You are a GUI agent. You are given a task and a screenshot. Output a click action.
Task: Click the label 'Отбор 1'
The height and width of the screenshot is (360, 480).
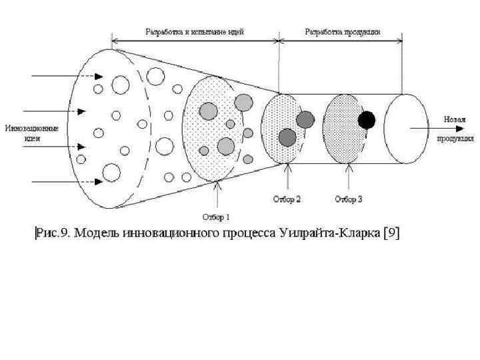(x=216, y=216)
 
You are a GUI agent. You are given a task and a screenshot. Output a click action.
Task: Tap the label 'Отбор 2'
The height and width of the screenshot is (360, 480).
(x=287, y=199)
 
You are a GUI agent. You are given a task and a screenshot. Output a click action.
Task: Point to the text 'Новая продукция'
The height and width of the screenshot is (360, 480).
(x=455, y=129)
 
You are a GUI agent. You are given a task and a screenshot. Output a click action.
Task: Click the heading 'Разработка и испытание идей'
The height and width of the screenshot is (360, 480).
(x=195, y=32)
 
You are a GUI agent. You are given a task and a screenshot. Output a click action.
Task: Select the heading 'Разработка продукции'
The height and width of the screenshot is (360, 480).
(x=343, y=32)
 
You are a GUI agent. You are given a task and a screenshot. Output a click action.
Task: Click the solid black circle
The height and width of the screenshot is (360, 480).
(x=366, y=120)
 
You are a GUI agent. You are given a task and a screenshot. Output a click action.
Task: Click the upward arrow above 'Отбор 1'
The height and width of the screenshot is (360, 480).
(x=216, y=193)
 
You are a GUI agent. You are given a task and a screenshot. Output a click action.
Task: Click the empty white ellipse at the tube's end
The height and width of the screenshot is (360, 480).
(x=406, y=128)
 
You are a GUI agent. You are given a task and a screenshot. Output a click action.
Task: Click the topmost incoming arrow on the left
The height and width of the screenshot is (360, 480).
(x=57, y=77)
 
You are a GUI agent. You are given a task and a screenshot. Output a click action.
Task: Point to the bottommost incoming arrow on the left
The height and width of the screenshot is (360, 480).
(x=57, y=180)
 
